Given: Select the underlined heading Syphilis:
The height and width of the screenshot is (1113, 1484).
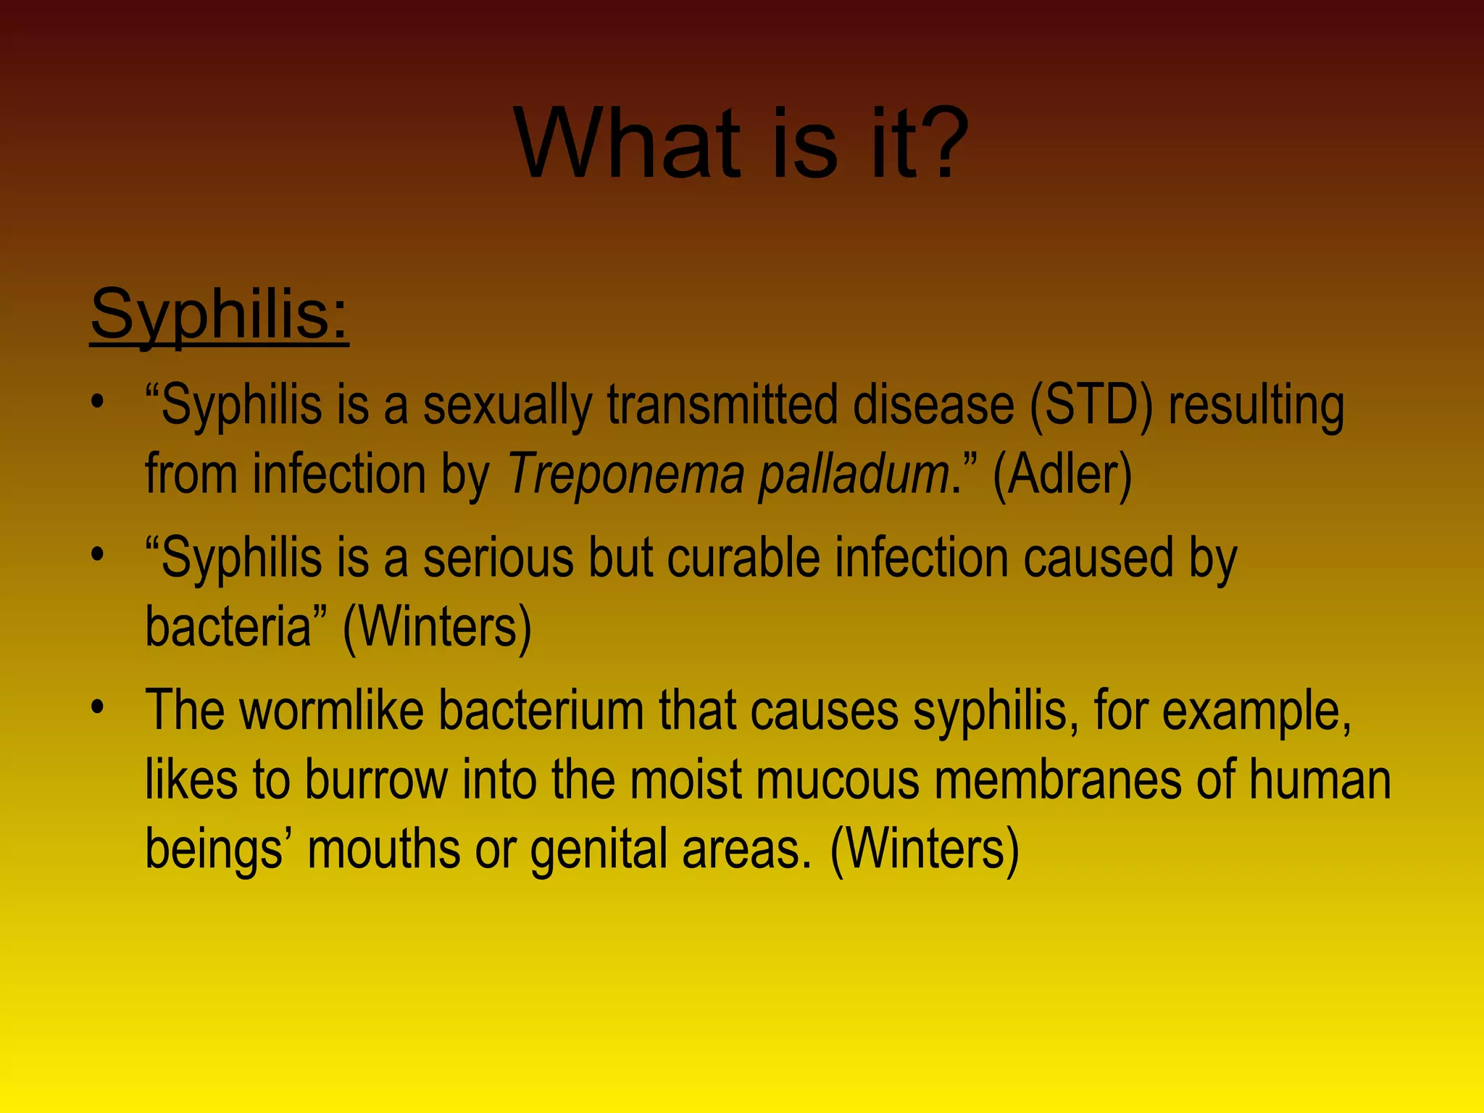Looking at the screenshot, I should point(220,314).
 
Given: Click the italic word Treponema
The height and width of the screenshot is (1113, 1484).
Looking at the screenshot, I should point(625,475).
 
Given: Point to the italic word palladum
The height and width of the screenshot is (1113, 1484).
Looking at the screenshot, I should point(854,475).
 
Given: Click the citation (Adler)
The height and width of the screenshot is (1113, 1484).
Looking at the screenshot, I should point(1062,475).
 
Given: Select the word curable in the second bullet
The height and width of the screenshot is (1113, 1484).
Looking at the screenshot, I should point(743,557).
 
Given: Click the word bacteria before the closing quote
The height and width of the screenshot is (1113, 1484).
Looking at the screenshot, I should point(228,626).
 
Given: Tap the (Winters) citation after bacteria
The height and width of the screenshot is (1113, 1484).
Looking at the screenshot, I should point(437,626).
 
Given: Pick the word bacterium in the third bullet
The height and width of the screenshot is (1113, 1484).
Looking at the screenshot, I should point(541,710).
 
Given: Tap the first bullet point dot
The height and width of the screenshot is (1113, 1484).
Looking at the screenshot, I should point(98,401).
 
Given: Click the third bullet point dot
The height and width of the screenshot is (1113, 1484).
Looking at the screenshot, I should point(98,707).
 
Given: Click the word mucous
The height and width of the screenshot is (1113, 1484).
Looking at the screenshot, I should point(839,780).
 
